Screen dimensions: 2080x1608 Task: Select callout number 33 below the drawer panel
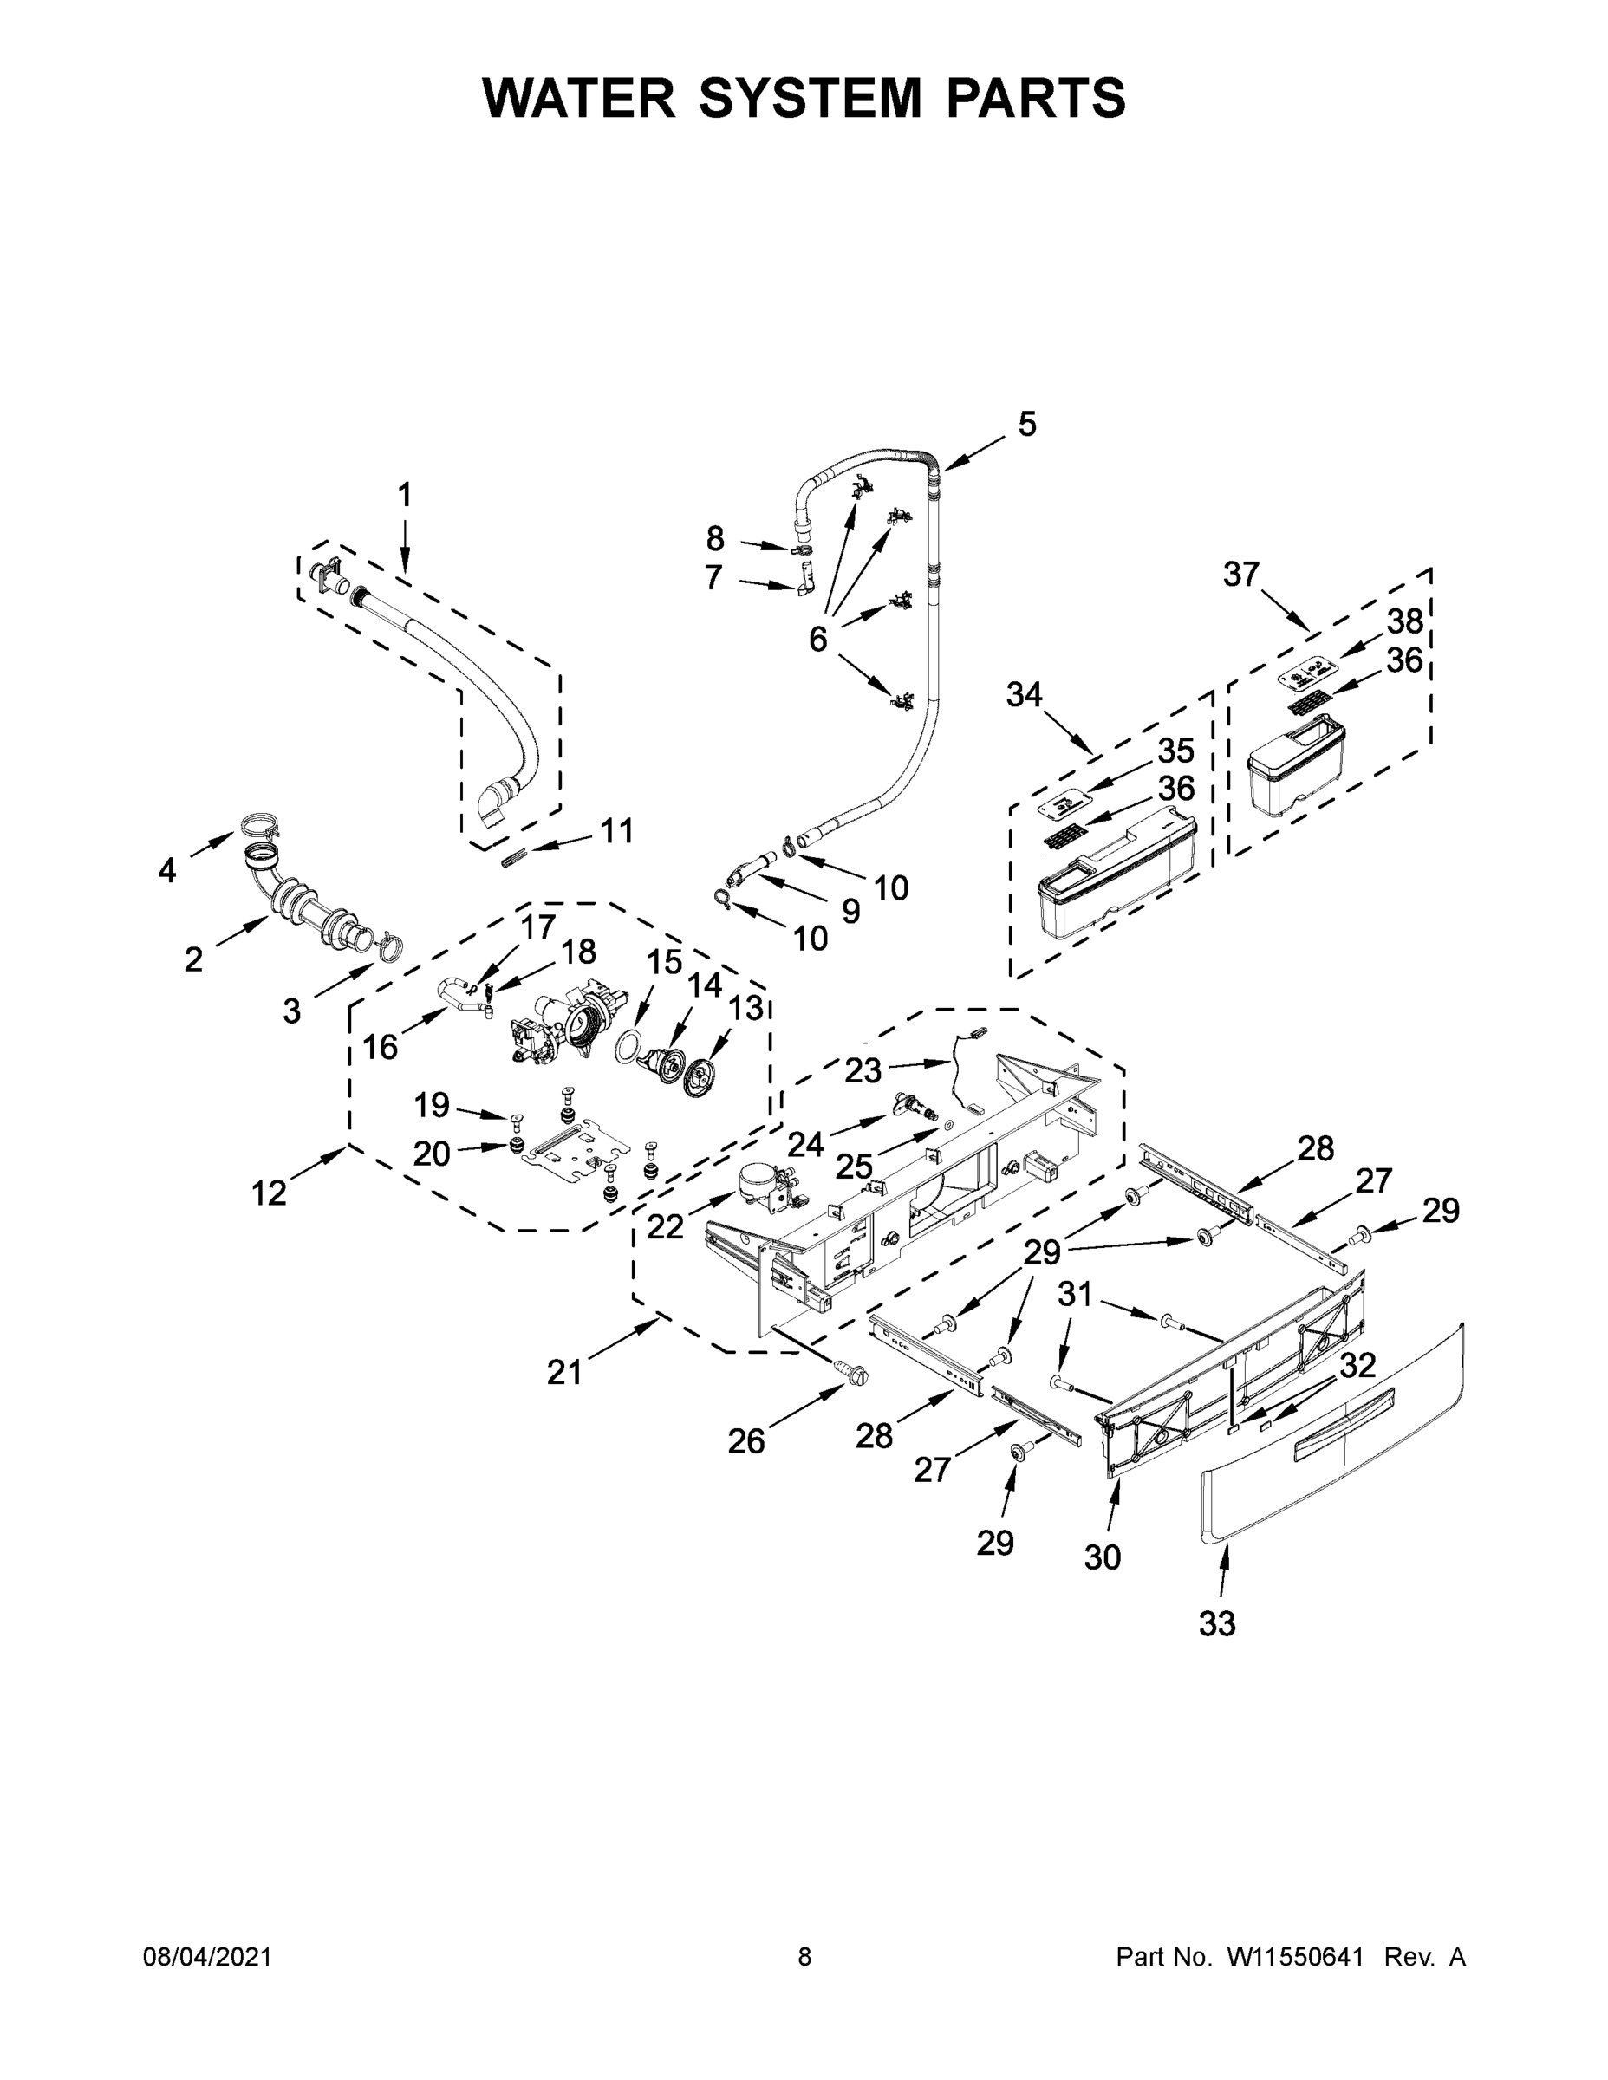pyautogui.click(x=1216, y=1624)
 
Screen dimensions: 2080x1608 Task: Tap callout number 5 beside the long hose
pyautogui.click(x=1026, y=424)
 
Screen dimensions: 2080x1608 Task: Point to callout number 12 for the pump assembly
pyautogui.click(x=269, y=1193)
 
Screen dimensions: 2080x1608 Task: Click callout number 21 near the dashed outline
pyautogui.click(x=564, y=1373)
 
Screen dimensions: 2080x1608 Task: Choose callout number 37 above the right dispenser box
pyautogui.click(x=1241, y=575)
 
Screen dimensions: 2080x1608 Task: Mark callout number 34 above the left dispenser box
pyautogui.click(x=1024, y=695)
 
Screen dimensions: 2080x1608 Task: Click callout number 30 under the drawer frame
pyautogui.click(x=1102, y=1557)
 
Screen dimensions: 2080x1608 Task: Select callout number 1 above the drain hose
pyautogui.click(x=405, y=495)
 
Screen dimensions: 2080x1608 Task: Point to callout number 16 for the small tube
pyautogui.click(x=380, y=1048)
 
